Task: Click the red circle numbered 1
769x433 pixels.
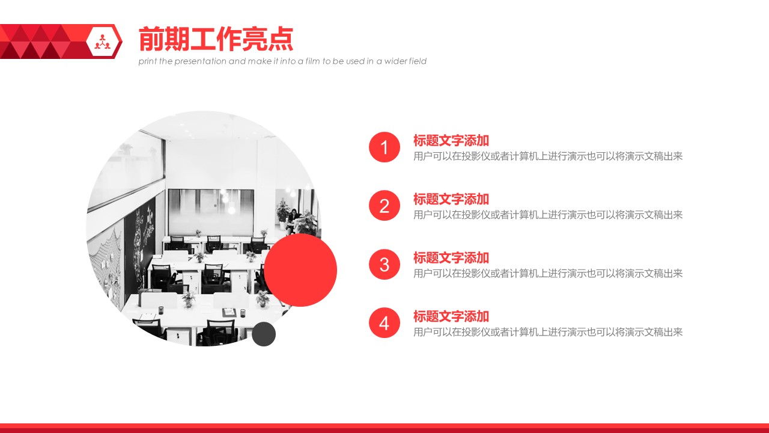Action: click(384, 147)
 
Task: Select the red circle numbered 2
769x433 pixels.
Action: click(384, 206)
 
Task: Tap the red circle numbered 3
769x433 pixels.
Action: click(384, 264)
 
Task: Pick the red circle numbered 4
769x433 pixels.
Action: click(384, 323)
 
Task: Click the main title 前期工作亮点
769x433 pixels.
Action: click(216, 40)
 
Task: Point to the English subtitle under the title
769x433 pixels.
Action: click(282, 61)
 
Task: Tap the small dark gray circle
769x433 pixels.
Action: click(264, 334)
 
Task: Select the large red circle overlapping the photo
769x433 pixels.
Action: click(300, 270)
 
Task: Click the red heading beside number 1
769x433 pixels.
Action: click(451, 141)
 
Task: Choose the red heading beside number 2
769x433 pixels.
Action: click(451, 199)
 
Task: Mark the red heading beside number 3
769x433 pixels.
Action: click(451, 257)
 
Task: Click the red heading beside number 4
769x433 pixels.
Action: click(451, 316)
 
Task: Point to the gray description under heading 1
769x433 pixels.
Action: click(548, 156)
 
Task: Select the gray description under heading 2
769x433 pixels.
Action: click(548, 215)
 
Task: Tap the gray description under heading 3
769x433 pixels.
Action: click(548, 274)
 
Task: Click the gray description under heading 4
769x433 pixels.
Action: click(548, 332)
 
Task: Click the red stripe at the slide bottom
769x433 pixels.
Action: click(384, 428)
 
